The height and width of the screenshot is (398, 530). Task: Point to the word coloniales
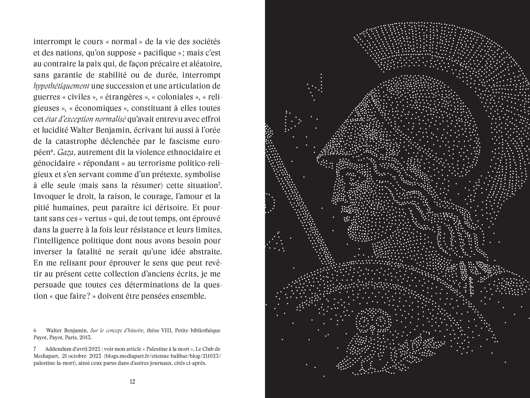pyautogui.click(x=175, y=97)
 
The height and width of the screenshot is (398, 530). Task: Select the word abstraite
pyautogui.click(x=204, y=252)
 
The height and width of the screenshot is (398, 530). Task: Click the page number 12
pyautogui.click(x=132, y=382)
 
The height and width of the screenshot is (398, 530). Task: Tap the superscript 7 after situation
pyautogui.click(x=219, y=184)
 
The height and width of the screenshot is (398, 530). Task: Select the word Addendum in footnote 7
pyautogui.click(x=58, y=349)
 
